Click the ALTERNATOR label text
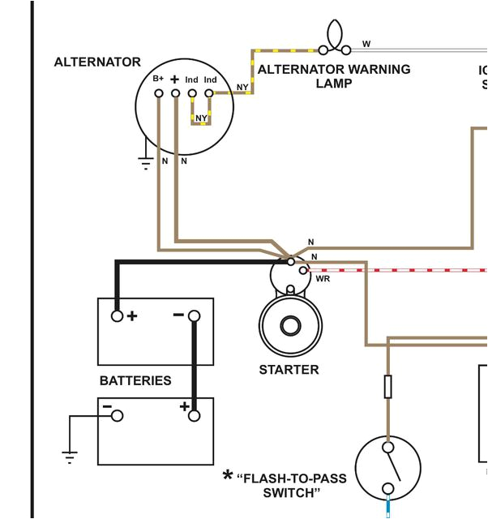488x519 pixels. tap(97, 62)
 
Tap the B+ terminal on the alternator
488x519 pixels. tap(159, 93)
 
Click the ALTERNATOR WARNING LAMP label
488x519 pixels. tap(334, 76)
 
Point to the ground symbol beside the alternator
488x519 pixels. tap(146, 162)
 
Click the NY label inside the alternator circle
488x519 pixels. tap(201, 118)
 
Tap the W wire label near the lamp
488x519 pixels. tap(366, 44)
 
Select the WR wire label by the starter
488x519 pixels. tap(323, 279)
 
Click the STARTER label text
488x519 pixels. tap(289, 370)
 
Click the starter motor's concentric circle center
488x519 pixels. tap(289, 326)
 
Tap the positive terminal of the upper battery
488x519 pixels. tap(118, 315)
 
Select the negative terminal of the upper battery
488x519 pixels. tap(194, 315)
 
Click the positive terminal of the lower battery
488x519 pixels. tap(194, 415)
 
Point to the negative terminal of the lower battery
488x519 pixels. tap(118, 415)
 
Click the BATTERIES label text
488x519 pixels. tap(135, 380)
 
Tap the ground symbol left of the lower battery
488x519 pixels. tap(70, 456)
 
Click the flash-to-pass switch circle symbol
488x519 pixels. tap(388, 468)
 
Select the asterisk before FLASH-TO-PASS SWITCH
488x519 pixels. tap(228, 476)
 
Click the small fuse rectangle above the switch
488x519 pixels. tap(388, 387)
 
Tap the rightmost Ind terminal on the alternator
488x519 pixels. tap(209, 93)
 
